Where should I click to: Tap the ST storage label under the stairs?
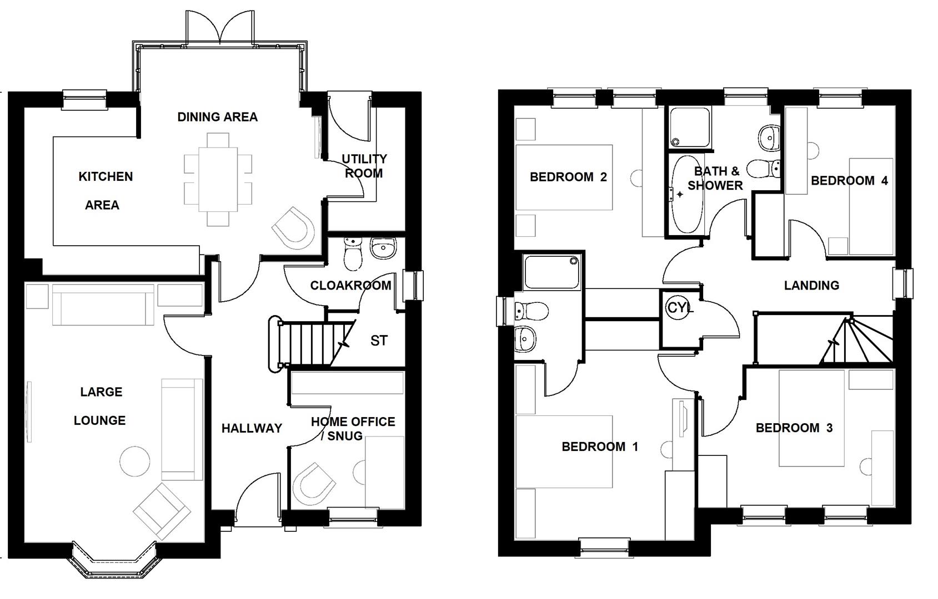pyautogui.click(x=379, y=341)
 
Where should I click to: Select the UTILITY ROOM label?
pyautogui.click(x=364, y=166)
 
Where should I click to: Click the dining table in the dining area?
pyautogui.click(x=218, y=179)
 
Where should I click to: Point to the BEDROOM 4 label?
pyautogui.click(x=849, y=181)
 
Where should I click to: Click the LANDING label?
pyautogui.click(x=811, y=286)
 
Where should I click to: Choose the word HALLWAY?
pyautogui.click(x=252, y=428)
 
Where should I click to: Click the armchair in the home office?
pyautogui.click(x=314, y=483)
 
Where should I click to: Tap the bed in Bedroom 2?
pyautogui.click(x=564, y=177)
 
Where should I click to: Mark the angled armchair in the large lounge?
pyautogui.click(x=162, y=510)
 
